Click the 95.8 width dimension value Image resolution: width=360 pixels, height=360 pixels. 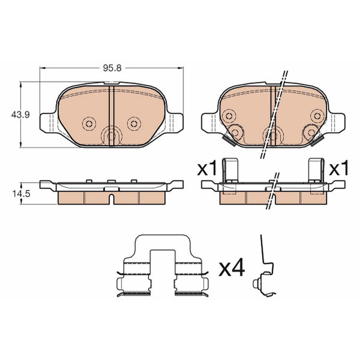pos(112,68)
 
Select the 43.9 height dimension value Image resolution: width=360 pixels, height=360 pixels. pos(20,115)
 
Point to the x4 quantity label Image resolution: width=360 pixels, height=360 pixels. pos(232,268)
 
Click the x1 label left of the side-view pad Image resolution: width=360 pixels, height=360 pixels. pos(207,168)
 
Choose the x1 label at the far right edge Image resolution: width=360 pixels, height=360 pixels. pos(339,168)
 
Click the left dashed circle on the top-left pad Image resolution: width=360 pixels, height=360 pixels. pos(89,124)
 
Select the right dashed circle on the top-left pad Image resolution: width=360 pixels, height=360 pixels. pos(134,124)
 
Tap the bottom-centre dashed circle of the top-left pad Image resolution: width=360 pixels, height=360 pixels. pos(112,136)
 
